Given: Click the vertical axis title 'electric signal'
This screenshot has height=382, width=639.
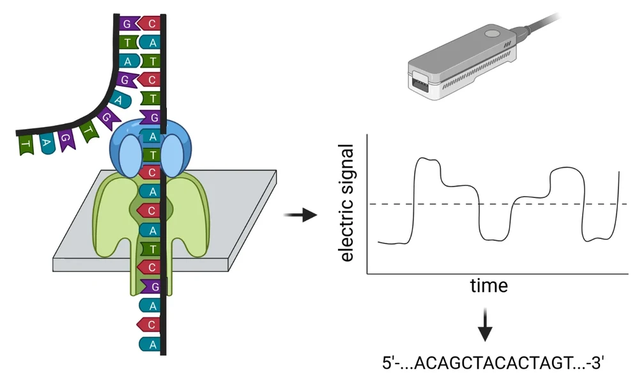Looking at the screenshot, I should [347, 203].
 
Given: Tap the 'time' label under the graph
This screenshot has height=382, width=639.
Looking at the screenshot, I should [489, 285].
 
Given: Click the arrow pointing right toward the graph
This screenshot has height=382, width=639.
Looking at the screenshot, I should [300, 214].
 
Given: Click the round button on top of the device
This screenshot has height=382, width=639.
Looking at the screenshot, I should [491, 33].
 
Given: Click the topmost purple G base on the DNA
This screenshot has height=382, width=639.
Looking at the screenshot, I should [127, 24].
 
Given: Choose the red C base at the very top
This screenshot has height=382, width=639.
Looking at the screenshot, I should [150, 24].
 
